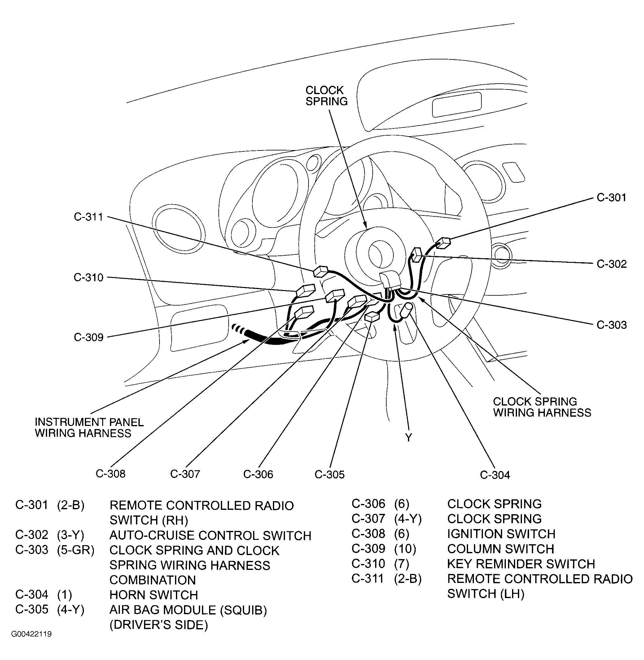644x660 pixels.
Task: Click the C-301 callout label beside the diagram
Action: pyautogui.click(x=611, y=198)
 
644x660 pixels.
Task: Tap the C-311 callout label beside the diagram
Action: pyautogui.click(x=88, y=217)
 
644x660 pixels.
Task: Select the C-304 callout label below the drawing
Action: pyautogui.click(x=494, y=475)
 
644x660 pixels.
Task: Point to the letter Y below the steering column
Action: pyautogui.click(x=409, y=438)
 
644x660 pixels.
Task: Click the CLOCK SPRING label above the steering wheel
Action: pyautogui.click(x=326, y=96)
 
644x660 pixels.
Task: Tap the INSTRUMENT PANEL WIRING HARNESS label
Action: pyautogui.click(x=89, y=428)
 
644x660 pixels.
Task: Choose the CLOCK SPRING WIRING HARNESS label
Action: pyautogui.click(x=542, y=407)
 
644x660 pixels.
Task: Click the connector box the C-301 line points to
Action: pyautogui.click(x=443, y=243)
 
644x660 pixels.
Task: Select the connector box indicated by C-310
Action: pyautogui.click(x=305, y=290)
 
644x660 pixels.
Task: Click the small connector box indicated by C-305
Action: pyautogui.click(x=372, y=316)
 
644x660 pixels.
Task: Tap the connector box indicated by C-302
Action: pyautogui.click(x=417, y=254)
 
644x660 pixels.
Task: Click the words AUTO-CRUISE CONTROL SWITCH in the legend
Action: pyautogui.click(x=210, y=536)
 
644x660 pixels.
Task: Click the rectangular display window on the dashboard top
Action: pyautogui.click(x=457, y=104)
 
